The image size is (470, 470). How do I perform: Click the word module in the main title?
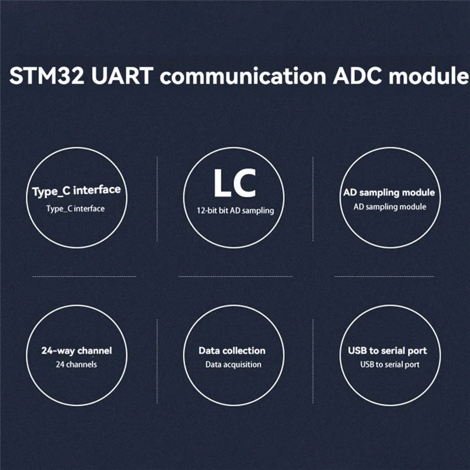(427, 77)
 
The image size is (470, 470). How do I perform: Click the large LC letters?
(234, 184)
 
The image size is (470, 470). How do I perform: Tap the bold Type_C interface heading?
(76, 191)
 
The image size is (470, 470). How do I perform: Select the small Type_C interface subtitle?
(76, 209)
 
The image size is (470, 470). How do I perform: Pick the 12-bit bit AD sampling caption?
(235, 210)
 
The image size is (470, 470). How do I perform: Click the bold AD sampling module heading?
(389, 193)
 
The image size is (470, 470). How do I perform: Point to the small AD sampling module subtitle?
(390, 207)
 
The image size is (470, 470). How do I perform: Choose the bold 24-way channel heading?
(76, 351)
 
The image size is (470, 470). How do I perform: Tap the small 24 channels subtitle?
(76, 364)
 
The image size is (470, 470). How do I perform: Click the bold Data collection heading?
(232, 351)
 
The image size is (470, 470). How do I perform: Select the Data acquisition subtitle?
(233, 365)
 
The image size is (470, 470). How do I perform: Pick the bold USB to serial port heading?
(387, 351)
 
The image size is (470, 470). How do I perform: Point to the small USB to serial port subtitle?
(390, 365)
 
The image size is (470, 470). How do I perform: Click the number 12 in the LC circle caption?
(201, 210)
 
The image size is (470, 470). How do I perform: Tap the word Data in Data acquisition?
(213, 365)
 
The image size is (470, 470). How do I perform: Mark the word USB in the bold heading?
(357, 351)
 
